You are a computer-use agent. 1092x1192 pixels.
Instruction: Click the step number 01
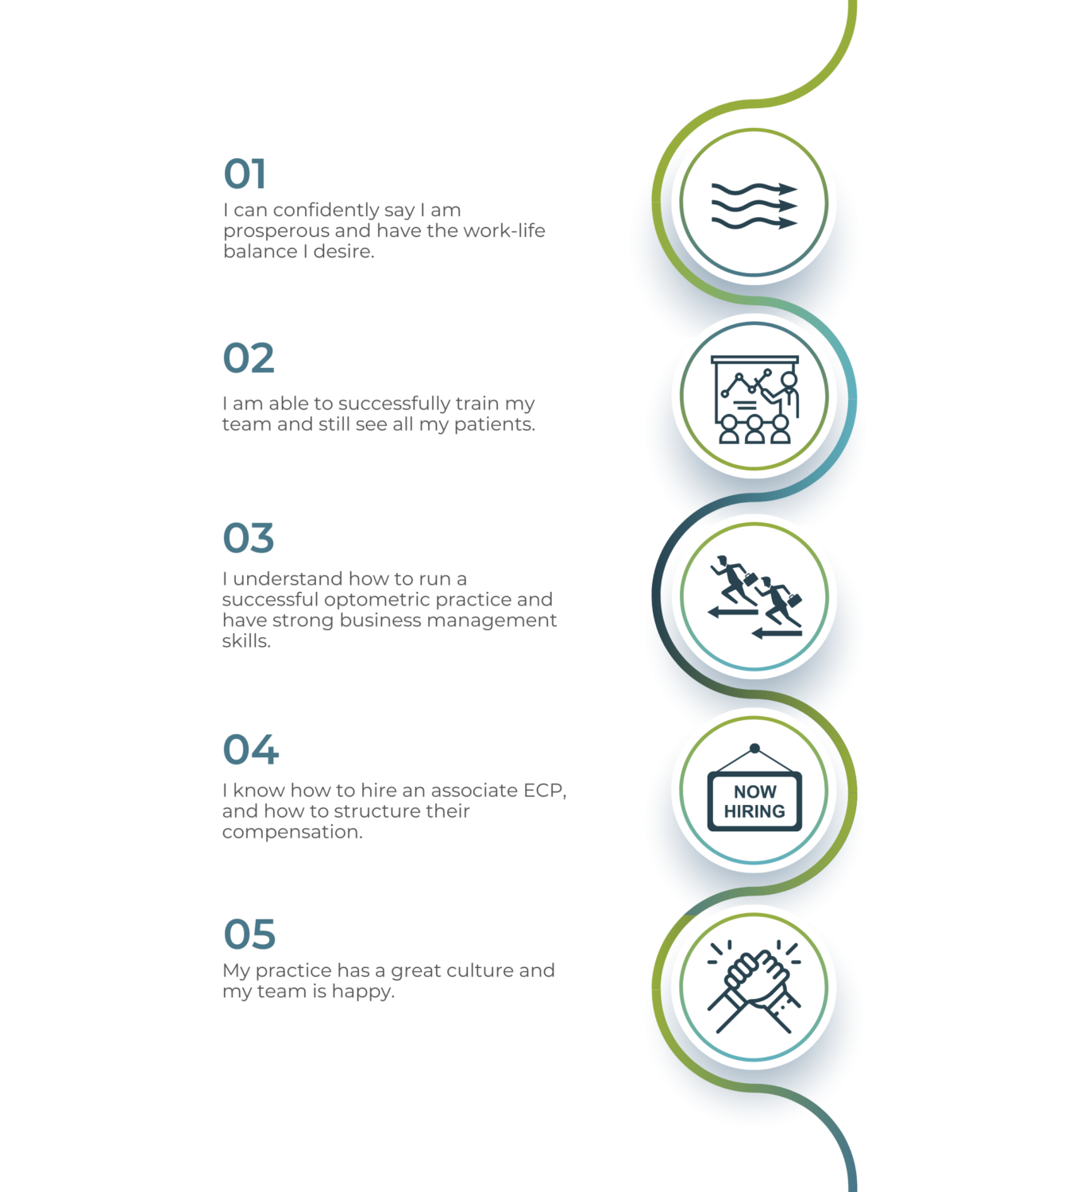click(244, 173)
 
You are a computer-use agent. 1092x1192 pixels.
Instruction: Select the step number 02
click(249, 358)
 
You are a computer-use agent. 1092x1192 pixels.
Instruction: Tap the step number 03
click(249, 537)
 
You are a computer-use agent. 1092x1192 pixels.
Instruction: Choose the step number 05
click(249, 934)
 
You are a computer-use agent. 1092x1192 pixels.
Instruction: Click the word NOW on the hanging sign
click(754, 791)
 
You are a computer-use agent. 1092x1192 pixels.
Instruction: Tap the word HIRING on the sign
click(754, 811)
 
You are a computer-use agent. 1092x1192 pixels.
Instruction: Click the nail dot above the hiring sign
click(754, 748)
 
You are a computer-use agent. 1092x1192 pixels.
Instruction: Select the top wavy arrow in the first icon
click(754, 189)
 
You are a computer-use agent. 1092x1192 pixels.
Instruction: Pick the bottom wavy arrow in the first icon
click(754, 223)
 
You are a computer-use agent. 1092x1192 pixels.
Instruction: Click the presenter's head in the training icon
click(789, 379)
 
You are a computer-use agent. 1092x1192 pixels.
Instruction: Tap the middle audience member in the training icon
click(754, 430)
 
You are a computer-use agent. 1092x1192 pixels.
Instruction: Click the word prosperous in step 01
click(276, 231)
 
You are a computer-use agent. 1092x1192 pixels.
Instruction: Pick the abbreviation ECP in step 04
click(545, 791)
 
